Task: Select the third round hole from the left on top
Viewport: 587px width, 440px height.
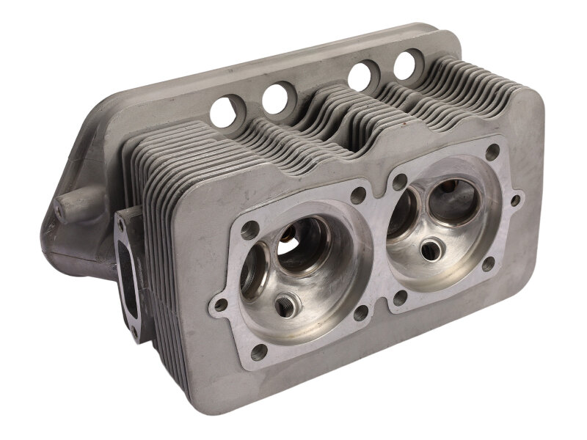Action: (362, 76)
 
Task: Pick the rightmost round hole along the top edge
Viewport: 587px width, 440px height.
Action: (408, 64)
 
